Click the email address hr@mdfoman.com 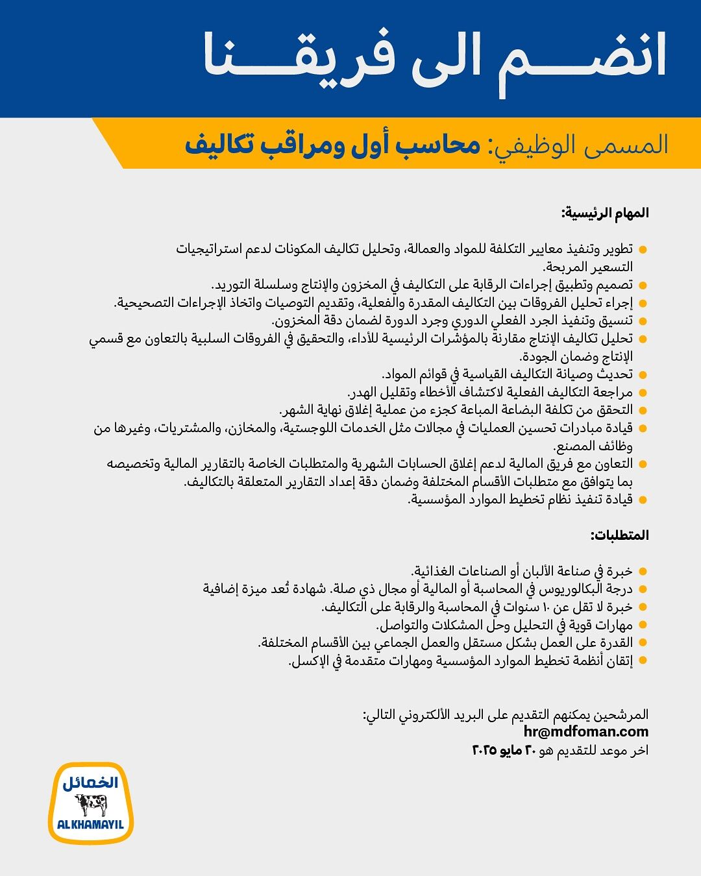[x=585, y=732]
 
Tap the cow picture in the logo [x=92, y=805]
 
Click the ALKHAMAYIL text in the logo [x=91, y=825]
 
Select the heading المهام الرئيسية [x=605, y=213]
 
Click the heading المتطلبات [x=619, y=535]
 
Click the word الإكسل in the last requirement [x=309, y=661]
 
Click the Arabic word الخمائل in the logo [x=91, y=783]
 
